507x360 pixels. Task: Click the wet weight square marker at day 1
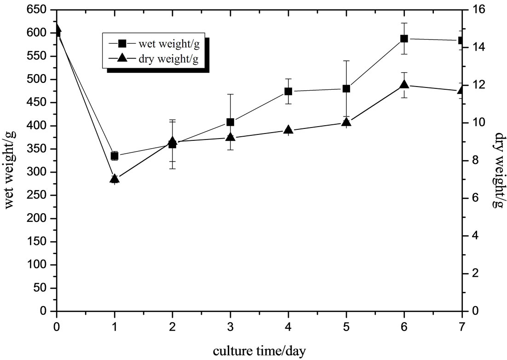115,156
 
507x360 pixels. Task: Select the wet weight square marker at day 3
230,122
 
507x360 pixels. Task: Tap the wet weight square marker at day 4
288,91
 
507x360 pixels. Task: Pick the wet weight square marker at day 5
346,88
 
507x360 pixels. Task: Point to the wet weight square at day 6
404,39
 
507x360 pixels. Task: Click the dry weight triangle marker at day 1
115,179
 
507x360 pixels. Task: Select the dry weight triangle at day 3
230,137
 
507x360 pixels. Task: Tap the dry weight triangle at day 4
288,130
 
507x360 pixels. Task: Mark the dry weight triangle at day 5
346,122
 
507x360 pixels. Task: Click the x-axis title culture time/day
259,351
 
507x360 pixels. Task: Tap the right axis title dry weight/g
499,170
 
